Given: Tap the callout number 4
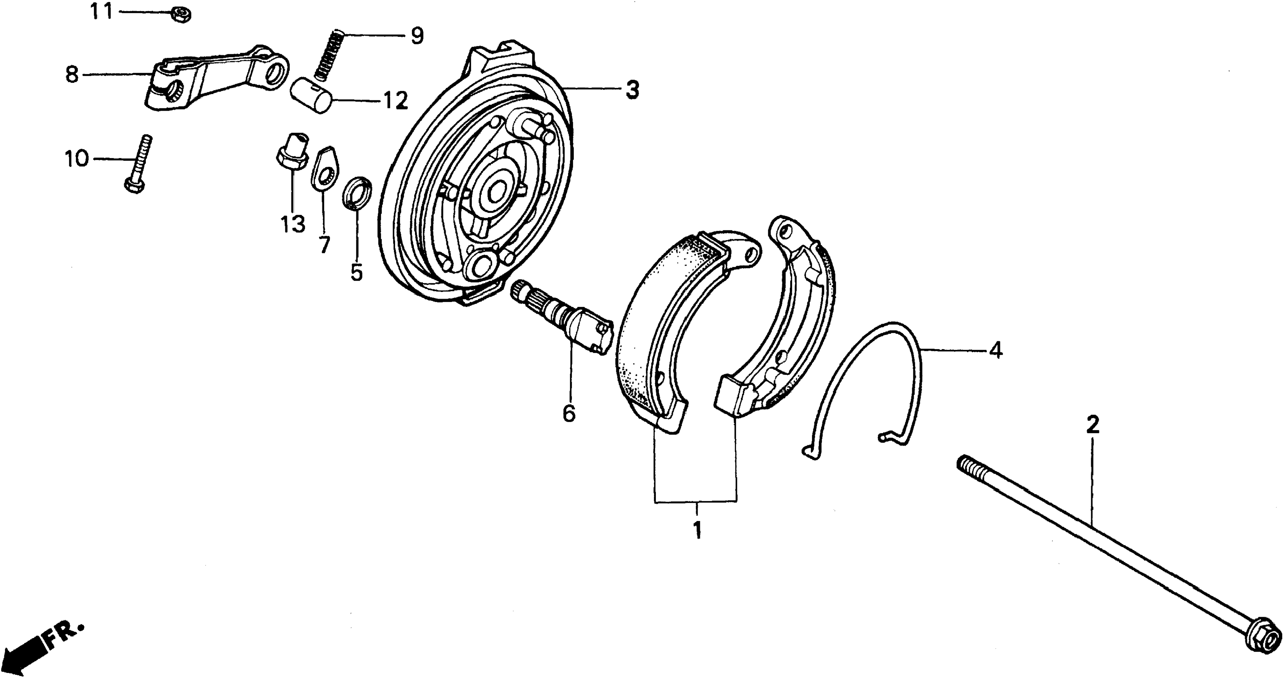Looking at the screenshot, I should [995, 350].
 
